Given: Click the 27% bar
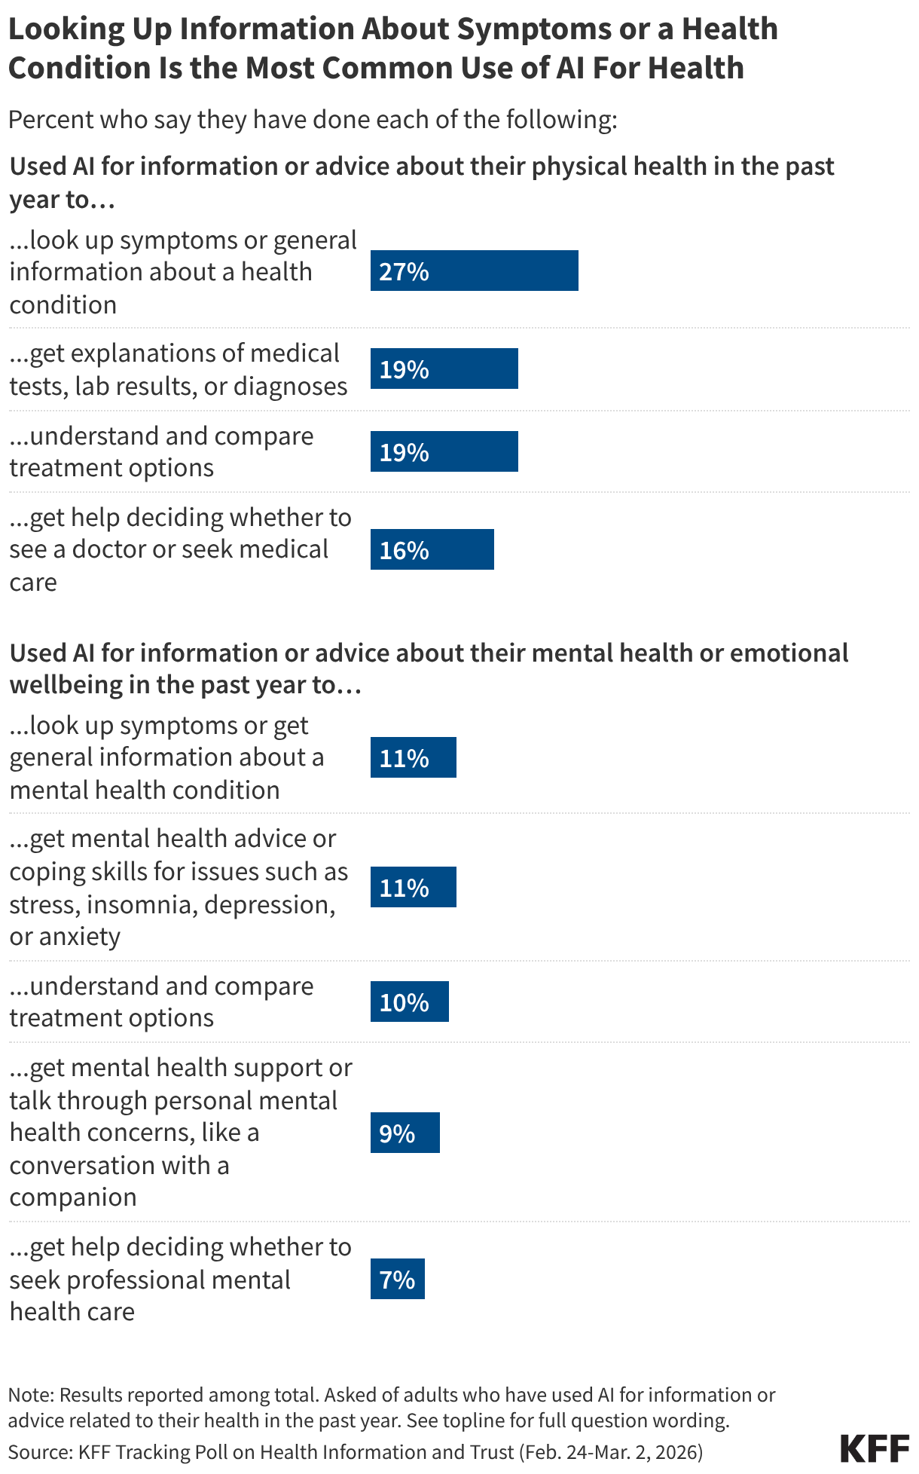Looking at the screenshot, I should point(474,271).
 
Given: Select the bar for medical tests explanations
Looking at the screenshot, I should point(444,368).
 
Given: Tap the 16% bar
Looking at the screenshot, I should point(432,549).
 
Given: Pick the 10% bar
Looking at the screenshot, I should point(409,1002).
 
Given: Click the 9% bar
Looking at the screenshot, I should point(405,1133).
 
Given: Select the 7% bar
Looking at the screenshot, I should point(397,1279).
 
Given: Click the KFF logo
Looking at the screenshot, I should point(875,1448).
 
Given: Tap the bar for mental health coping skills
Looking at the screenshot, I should point(413,887).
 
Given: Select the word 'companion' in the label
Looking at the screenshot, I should point(73,1197).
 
